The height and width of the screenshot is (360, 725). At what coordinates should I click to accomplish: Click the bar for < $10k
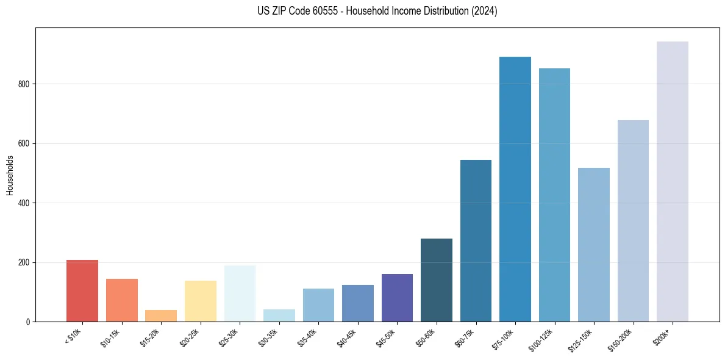[x=82, y=291]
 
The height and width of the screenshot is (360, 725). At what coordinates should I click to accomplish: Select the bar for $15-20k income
[x=161, y=316]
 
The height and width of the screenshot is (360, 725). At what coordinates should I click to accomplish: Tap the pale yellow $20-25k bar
[x=201, y=301]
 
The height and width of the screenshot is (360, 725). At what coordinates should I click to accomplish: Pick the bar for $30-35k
[x=279, y=315]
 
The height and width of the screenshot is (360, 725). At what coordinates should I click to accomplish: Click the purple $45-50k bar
[x=397, y=298]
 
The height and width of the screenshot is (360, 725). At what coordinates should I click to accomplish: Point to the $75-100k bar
[x=515, y=189]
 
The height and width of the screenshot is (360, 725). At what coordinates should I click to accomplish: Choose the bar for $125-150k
[x=594, y=245]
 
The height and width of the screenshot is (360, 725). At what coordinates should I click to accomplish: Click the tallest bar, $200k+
[x=673, y=181]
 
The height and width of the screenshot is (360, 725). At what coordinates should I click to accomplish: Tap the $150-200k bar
[x=633, y=221]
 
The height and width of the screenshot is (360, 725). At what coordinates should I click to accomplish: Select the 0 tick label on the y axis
[x=29, y=322]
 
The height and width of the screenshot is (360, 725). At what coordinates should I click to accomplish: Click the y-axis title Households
[x=10, y=175]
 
